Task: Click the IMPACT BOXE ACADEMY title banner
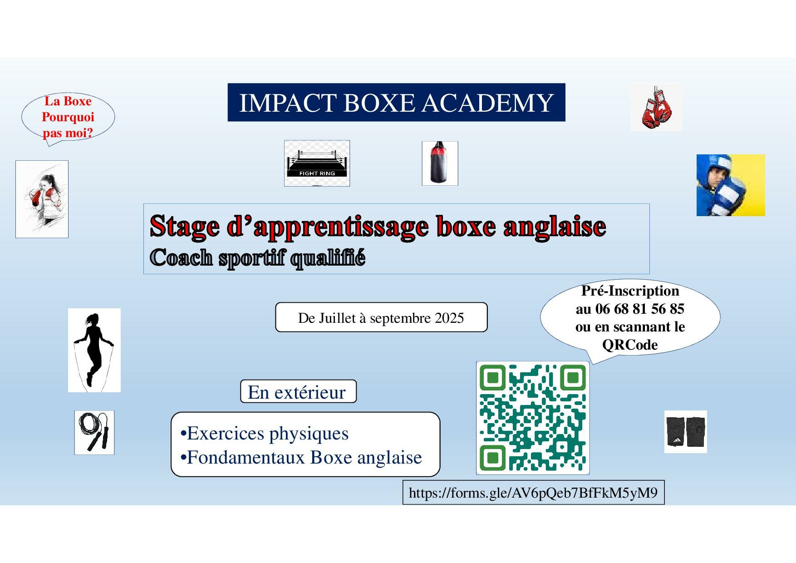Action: click(396, 102)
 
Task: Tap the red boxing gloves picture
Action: click(656, 108)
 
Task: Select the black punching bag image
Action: click(440, 163)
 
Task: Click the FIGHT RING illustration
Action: click(317, 163)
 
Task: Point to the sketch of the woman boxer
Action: click(42, 199)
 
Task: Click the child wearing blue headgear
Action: click(731, 185)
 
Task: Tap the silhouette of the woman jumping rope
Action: click(94, 350)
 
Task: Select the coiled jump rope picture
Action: click(94, 432)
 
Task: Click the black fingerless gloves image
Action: click(686, 432)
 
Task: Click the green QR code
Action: click(533, 418)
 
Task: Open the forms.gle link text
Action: click(533, 493)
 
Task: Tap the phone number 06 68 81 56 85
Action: click(639, 309)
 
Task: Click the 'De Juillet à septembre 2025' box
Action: click(381, 317)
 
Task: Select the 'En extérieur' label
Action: click(298, 392)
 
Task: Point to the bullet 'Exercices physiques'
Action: click(265, 434)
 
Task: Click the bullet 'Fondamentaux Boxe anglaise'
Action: click(301, 458)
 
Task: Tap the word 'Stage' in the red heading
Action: click(185, 227)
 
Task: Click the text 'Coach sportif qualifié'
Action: click(257, 258)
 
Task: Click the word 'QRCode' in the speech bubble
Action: click(630, 345)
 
